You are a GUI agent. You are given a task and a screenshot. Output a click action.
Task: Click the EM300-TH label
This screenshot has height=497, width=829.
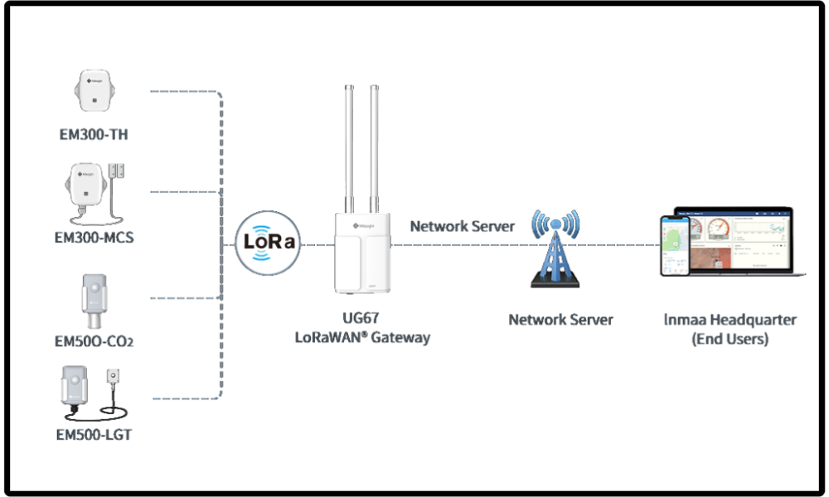pyautogui.click(x=94, y=134)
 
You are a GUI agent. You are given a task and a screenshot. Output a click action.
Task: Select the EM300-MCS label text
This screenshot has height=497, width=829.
pyautogui.click(x=94, y=238)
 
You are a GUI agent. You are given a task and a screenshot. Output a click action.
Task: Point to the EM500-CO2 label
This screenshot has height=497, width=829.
pyautogui.click(x=94, y=341)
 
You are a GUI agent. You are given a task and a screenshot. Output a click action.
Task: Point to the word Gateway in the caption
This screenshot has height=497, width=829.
pyautogui.click(x=401, y=338)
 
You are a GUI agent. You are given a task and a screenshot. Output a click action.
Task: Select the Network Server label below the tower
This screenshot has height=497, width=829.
pyautogui.click(x=560, y=320)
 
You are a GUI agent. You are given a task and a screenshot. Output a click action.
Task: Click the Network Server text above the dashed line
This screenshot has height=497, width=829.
pyautogui.click(x=463, y=226)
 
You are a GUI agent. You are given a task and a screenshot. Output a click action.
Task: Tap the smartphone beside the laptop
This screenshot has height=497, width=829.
pyautogui.click(x=676, y=246)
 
